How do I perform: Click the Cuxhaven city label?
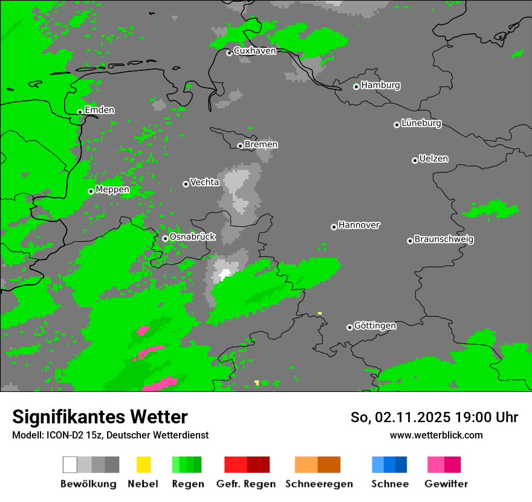[255, 51]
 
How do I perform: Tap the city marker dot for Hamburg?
[357, 86]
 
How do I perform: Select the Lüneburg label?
[421, 123]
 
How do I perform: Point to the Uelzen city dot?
[415, 160]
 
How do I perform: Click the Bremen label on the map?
[261, 145]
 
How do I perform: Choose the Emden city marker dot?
[80, 112]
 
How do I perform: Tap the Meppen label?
[112, 190]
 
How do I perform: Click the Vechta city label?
[204, 182]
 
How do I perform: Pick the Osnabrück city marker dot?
[165, 238]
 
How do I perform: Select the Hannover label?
[359, 225]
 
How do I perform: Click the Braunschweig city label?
[444, 239]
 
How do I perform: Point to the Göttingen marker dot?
[349, 327]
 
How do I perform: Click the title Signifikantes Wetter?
[100, 417]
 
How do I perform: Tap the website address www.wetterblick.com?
[436, 435]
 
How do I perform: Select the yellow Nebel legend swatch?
[143, 465]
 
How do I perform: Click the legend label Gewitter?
[446, 484]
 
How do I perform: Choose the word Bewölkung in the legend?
[88, 484]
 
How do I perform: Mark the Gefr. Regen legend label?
[246, 484]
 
